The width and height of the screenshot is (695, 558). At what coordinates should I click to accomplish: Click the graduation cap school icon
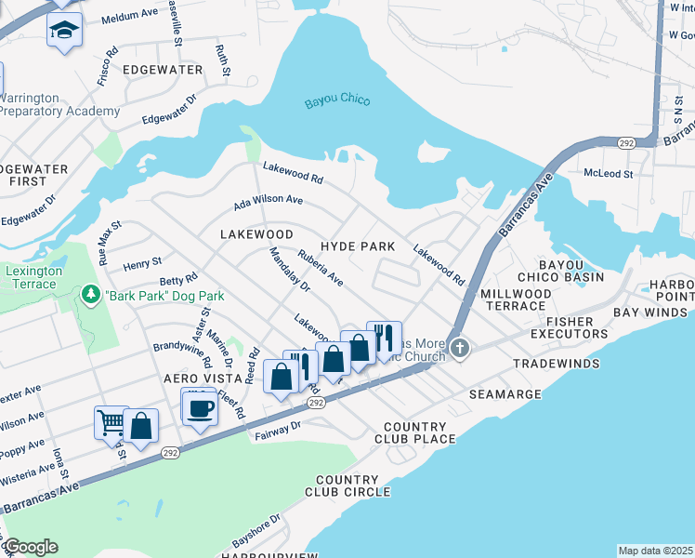[64, 30]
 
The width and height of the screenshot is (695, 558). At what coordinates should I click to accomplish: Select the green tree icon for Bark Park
[91, 296]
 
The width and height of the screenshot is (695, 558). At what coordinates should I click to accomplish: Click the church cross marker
[460, 349]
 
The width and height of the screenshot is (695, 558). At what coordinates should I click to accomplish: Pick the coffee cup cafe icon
[199, 406]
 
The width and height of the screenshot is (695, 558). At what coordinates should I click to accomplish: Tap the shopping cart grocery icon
[111, 423]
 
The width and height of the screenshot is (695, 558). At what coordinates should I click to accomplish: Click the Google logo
[31, 547]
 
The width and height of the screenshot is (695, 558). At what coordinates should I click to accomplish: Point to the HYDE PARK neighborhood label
[358, 246]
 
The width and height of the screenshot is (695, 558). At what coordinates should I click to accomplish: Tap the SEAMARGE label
[505, 394]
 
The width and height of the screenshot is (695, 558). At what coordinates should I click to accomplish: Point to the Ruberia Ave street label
[321, 267]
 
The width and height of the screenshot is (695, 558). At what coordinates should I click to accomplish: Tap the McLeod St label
[608, 173]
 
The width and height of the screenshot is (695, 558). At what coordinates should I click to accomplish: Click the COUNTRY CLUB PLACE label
[415, 432]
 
